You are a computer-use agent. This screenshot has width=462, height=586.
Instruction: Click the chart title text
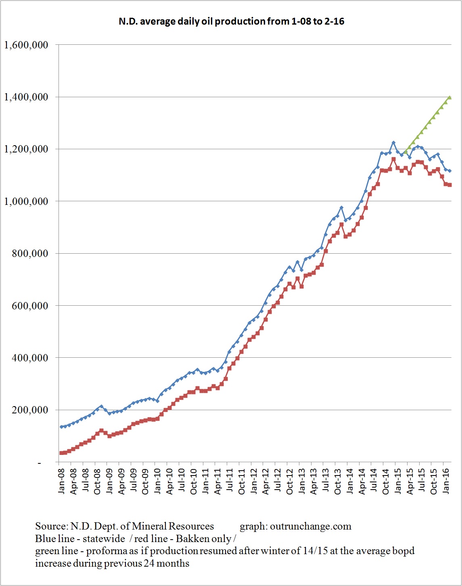click(231, 21)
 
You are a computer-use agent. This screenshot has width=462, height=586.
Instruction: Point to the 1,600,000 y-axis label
click(26, 45)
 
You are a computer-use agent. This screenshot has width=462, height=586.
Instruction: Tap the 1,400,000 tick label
click(26, 97)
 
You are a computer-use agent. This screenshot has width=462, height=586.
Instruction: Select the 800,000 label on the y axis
click(30, 253)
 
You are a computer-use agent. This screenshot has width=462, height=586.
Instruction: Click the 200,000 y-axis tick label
click(30, 410)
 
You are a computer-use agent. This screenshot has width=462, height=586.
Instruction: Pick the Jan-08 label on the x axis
click(61, 480)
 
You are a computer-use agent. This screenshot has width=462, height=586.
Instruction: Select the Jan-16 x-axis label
click(447, 480)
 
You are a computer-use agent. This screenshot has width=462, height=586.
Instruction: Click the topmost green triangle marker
click(450, 98)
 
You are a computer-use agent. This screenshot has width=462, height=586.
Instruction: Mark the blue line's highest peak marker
click(393, 142)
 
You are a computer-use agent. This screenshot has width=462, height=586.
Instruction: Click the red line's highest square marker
click(393, 159)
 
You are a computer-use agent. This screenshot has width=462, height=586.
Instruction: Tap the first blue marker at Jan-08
click(61, 427)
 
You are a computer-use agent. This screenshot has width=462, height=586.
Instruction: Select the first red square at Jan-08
click(61, 453)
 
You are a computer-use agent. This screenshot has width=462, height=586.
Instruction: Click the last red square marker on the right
click(450, 185)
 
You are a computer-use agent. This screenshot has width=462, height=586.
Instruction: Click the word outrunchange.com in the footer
click(311, 526)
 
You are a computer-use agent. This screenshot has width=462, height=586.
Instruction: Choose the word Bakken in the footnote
click(190, 539)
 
